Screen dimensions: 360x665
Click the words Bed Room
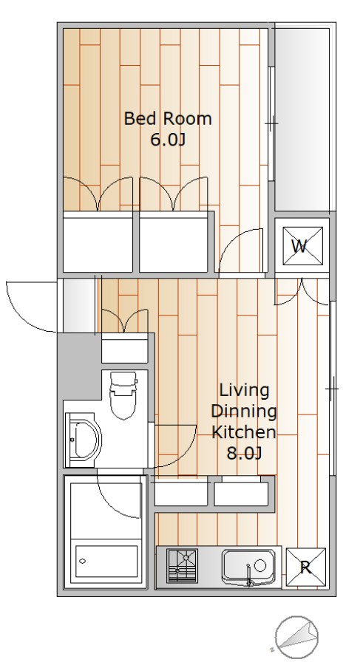coord(168,118)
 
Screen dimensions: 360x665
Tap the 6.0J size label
coord(168,140)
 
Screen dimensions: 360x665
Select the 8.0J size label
coord(244,454)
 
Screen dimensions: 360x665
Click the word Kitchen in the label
coord(244,432)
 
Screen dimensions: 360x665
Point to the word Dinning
coord(244,411)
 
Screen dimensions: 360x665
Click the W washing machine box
coord(302,245)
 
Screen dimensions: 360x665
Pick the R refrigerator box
coord(305,567)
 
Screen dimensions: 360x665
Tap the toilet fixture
coord(123,395)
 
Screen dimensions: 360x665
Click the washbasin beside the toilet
coord(84,440)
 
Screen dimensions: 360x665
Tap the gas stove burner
coord(182,566)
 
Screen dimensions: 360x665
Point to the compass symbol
coord(296,635)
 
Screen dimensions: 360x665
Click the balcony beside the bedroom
coord(302,119)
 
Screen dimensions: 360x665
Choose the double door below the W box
coord(302,293)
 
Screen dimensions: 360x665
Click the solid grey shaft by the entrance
coord(80,365)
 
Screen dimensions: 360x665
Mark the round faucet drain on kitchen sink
coord(259,565)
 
